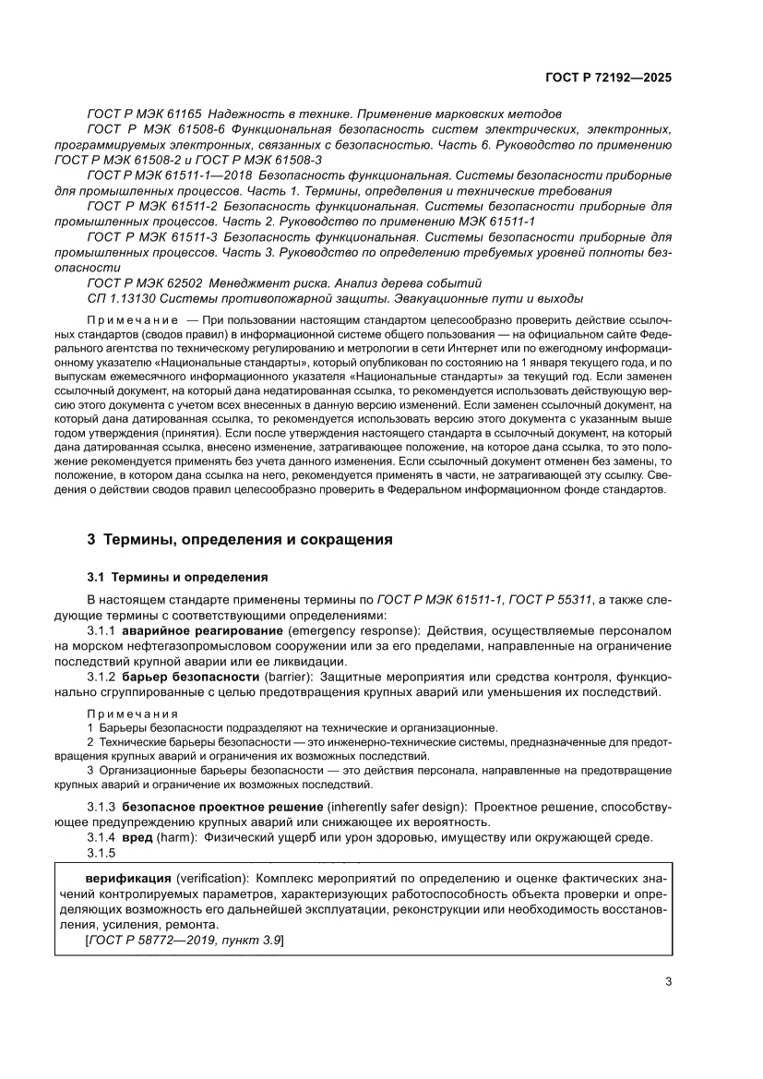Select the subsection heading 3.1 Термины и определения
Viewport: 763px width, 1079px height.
point(177,578)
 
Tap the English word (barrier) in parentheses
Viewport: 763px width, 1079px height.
point(290,677)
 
